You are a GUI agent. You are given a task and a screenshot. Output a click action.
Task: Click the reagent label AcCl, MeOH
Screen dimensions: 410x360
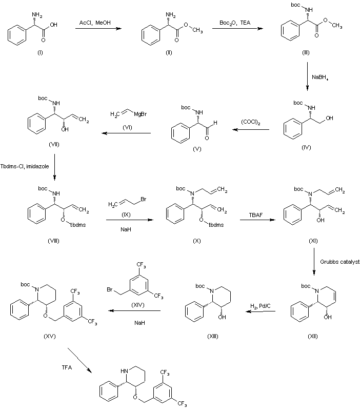pos(97,23)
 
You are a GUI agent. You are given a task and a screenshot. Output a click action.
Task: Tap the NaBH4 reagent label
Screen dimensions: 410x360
pos(322,77)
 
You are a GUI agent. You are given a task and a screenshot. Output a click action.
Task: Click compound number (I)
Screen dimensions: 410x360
pos(26,53)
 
